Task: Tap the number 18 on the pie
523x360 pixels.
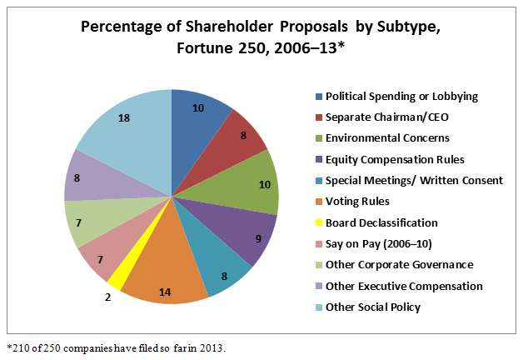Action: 123,119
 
